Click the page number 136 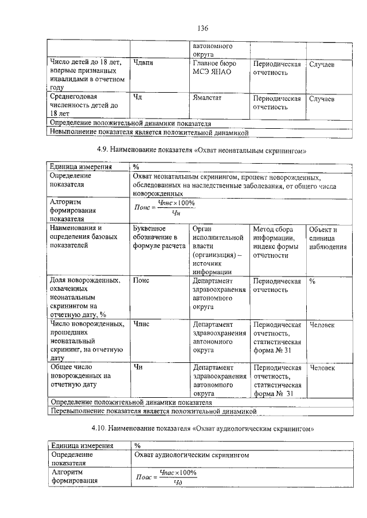202,28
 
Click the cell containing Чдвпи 143,64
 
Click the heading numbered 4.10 204,428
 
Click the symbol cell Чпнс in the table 142,325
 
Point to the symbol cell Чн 138,367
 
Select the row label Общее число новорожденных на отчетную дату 81,376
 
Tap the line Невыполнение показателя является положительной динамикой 149,132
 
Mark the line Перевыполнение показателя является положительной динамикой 152,411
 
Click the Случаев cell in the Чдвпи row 322,64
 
